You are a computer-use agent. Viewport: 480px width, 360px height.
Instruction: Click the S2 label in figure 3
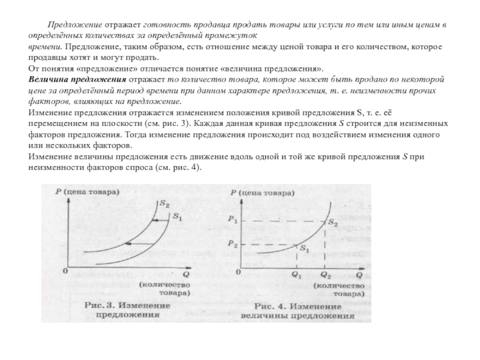(x=163, y=205)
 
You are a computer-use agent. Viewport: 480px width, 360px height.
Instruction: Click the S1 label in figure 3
(x=177, y=216)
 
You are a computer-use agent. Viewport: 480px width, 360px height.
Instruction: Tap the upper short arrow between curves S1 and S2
(x=157, y=221)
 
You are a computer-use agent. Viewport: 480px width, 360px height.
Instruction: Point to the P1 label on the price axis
(x=233, y=220)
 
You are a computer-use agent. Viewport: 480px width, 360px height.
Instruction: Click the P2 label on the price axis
(x=233, y=244)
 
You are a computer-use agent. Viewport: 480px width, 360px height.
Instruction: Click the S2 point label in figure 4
(x=332, y=223)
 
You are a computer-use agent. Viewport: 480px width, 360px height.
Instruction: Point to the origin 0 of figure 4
(x=238, y=272)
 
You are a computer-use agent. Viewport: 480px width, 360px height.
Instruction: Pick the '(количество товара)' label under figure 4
(x=340, y=290)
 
